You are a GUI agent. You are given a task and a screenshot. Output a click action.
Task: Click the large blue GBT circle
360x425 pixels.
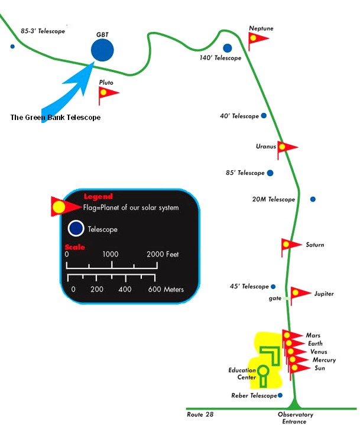tap(102, 50)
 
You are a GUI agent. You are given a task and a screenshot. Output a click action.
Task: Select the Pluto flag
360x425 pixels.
tap(108, 95)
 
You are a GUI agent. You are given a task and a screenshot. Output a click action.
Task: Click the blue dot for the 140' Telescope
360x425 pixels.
tap(228, 48)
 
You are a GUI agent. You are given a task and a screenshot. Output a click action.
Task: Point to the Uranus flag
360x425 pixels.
tap(287, 149)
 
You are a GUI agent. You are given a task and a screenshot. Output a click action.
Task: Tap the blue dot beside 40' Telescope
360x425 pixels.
tap(264, 116)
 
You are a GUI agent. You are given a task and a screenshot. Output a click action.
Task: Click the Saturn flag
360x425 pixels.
tap(291, 246)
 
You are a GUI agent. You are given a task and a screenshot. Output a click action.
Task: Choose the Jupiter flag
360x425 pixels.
tap(300, 295)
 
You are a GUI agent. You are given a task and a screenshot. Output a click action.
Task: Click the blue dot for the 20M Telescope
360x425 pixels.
tap(313, 199)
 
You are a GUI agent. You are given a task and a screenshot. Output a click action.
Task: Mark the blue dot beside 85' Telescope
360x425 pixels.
tap(270, 173)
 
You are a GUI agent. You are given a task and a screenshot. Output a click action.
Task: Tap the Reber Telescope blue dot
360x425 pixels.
tap(280, 395)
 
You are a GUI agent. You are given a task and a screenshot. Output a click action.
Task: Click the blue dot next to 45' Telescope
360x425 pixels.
tap(273, 287)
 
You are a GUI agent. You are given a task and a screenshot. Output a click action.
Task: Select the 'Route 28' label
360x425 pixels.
tap(200, 414)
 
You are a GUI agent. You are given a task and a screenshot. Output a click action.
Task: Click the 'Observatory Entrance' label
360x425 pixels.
tap(295, 418)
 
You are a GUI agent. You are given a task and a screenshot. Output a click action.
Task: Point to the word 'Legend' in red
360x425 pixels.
tap(98, 196)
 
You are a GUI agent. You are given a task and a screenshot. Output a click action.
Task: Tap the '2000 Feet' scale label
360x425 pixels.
tap(163, 254)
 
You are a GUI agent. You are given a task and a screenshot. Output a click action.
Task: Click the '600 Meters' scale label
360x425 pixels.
tap(166, 290)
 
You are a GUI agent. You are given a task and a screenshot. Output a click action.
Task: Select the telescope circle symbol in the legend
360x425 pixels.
tap(76, 228)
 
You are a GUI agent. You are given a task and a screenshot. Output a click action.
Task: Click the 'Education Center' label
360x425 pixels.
tap(242, 374)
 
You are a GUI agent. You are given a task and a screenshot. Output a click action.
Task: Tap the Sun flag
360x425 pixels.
tap(299, 371)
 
